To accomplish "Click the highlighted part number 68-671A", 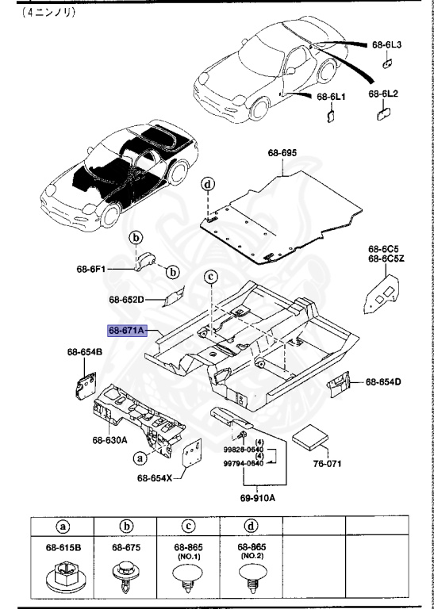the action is pyautogui.click(x=126, y=331).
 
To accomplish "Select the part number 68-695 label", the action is pyautogui.click(x=282, y=152).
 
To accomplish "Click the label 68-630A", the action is pyautogui.click(x=110, y=439).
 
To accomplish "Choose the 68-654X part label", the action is pyautogui.click(x=154, y=477).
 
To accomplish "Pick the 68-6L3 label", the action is pyautogui.click(x=388, y=44).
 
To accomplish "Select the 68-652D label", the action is pyautogui.click(x=126, y=300).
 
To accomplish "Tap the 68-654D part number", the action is pyautogui.click(x=383, y=382).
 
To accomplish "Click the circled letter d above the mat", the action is pyautogui.click(x=208, y=185).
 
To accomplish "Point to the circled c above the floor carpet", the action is pyautogui.click(x=210, y=277).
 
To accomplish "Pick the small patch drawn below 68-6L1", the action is pyautogui.click(x=330, y=115).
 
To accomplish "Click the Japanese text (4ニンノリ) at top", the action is pyautogui.click(x=48, y=13).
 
